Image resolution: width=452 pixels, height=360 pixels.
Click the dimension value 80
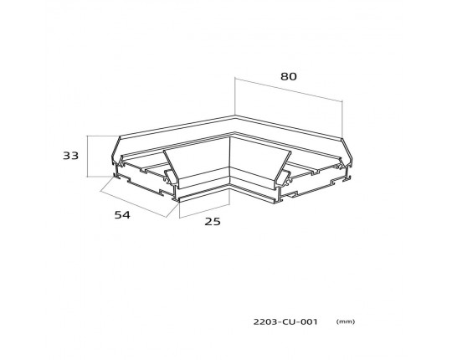click(288, 76)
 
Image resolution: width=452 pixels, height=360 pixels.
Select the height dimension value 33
click(70, 156)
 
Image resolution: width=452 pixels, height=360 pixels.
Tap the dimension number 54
click(122, 214)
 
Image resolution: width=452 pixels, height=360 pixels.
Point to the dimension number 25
click(213, 221)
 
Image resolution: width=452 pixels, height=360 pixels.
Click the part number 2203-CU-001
click(285, 321)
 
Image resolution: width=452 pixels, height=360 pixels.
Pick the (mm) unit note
click(346, 321)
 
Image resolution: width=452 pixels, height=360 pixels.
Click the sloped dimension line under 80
click(289, 90)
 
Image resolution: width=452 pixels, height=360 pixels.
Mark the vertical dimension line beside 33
click(87, 156)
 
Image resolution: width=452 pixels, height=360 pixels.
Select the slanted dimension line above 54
click(133, 204)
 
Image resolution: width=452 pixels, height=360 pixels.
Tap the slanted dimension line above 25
click(204, 211)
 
